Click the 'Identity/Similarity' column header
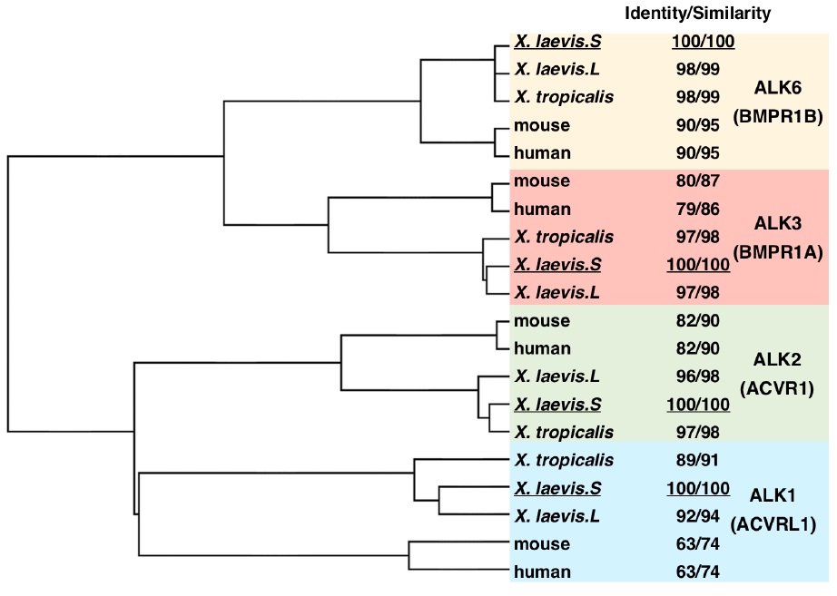coord(696,14)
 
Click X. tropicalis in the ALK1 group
coord(563,460)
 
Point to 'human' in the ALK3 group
coord(541,210)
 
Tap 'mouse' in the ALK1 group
coord(541,544)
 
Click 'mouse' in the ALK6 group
coord(541,125)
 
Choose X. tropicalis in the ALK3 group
coord(563,237)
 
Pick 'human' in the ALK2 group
coord(541,348)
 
